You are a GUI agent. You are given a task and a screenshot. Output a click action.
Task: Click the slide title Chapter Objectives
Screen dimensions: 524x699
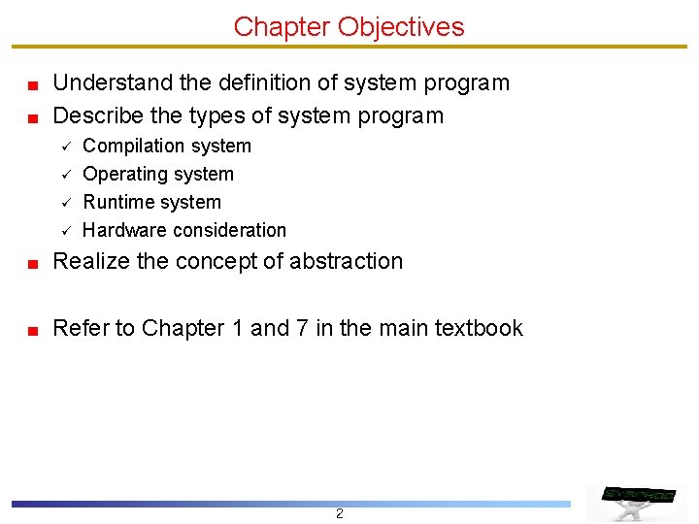click(349, 26)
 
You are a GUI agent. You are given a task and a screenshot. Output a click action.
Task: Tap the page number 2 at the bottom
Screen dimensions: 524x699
click(339, 513)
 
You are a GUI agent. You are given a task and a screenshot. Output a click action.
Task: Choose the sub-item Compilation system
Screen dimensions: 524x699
click(167, 147)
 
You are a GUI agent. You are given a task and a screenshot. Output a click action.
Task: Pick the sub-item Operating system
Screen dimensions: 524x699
click(158, 175)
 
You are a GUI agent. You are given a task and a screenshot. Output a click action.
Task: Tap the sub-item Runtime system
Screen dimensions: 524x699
click(151, 203)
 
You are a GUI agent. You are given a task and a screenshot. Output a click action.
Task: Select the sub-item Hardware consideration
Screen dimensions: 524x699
click(184, 231)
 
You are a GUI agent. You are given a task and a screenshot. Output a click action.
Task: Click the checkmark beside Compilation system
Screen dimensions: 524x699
click(61, 147)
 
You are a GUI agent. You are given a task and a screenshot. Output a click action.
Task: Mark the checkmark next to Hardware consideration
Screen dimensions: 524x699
click(61, 231)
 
